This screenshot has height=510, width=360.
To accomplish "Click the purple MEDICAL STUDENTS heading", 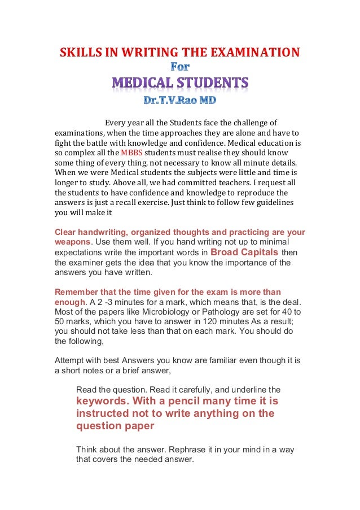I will click(180, 84).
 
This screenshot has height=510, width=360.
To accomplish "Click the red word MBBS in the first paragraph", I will click(132, 153).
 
